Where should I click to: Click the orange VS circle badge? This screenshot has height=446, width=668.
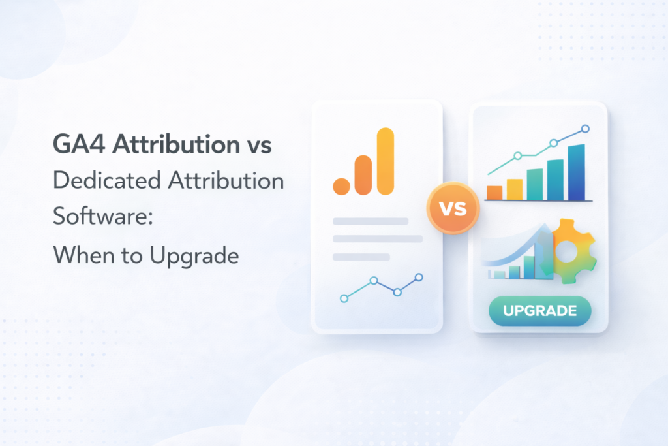coord(452,210)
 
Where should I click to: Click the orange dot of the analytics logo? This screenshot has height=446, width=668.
coord(341,185)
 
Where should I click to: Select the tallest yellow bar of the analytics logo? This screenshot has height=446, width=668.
coord(386,161)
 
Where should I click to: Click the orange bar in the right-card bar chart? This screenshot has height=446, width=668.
coord(494,192)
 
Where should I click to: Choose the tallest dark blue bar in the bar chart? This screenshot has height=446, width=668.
coord(577,172)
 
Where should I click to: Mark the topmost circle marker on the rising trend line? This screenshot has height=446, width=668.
coord(585,129)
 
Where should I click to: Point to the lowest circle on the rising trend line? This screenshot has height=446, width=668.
coord(518,155)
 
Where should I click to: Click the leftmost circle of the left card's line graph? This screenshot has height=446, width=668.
coord(344,298)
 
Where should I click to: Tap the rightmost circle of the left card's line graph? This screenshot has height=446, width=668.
coord(419,278)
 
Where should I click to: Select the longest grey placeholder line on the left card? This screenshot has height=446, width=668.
coord(378,239)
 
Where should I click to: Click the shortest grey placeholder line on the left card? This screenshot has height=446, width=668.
coord(361,257)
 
